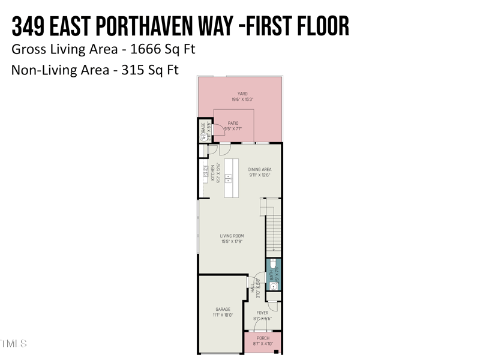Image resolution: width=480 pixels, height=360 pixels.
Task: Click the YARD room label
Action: [242, 94]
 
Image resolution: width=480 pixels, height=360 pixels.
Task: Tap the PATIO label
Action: [233, 123]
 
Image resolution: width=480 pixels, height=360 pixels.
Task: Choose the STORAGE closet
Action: [204, 131]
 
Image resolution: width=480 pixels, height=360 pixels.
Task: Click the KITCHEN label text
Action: [212, 173]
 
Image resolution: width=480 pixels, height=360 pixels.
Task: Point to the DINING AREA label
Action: [260, 170]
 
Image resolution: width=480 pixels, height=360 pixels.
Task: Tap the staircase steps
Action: [274, 231]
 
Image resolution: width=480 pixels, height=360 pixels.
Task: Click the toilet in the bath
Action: [273, 264]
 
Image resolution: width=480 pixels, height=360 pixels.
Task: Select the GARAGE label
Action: [223, 310]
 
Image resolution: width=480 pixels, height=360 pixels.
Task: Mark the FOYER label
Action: [263, 313]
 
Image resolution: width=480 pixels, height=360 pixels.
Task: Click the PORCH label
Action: [263, 338]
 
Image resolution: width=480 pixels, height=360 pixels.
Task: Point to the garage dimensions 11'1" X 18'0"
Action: [223, 315]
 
